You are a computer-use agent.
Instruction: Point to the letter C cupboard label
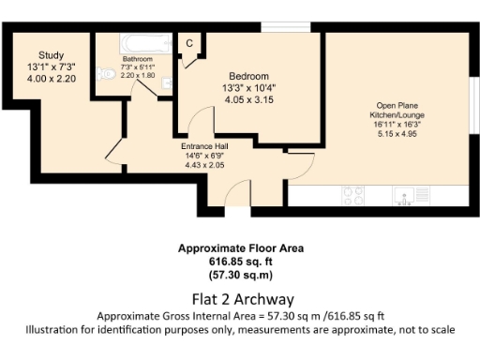click(188, 43)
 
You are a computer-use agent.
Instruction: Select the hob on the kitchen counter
click(354, 195)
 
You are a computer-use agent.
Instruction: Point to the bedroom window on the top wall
click(278, 27)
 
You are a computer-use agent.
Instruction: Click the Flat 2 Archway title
click(240, 299)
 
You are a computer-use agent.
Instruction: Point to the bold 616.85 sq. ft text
click(240, 262)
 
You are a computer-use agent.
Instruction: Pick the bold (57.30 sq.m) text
click(240, 276)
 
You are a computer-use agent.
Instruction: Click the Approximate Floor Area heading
click(240, 249)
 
